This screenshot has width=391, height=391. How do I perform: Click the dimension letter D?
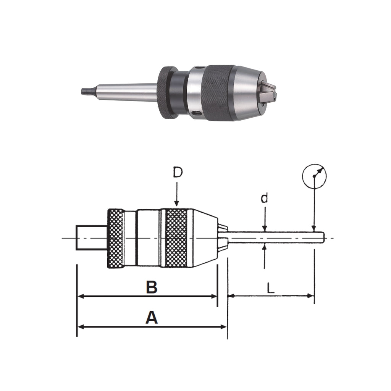point(177,173)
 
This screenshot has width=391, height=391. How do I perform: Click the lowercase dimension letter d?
point(264,199)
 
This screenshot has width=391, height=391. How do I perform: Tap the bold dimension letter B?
point(152,288)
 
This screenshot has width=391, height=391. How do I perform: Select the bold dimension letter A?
point(152,318)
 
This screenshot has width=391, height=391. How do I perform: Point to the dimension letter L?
point(270,288)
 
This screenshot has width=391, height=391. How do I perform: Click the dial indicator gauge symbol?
point(314,176)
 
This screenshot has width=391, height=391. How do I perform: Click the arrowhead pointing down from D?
point(176,204)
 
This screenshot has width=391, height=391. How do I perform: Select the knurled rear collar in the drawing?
point(116,238)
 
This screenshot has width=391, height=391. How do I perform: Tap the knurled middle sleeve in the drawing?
point(176,238)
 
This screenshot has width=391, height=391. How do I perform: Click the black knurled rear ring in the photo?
point(166,93)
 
